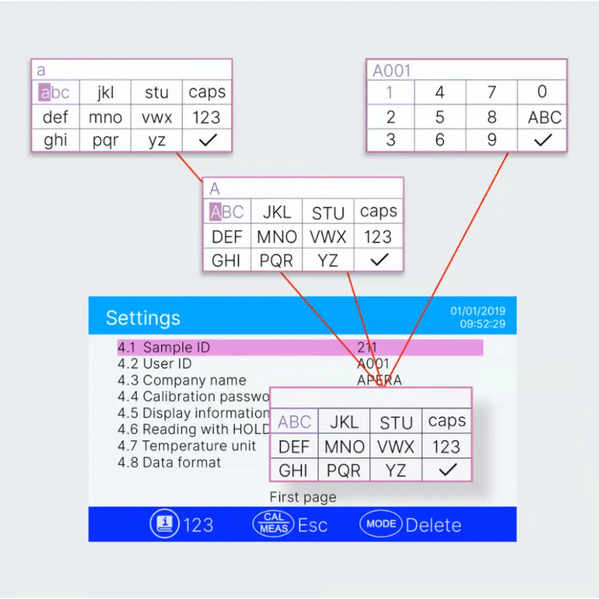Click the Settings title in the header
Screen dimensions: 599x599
143,318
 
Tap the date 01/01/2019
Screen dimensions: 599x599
477,311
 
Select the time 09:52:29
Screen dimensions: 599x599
483,323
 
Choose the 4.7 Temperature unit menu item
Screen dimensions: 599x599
187,446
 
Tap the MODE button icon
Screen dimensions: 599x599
381,524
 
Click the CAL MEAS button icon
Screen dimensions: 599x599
274,524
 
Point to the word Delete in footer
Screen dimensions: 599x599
433,525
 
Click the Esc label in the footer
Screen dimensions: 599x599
312,525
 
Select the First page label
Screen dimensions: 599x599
302,498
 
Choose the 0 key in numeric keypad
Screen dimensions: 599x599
542,92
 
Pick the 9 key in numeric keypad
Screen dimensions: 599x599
492,140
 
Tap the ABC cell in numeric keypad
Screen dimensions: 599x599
544,117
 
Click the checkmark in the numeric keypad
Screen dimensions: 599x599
543,140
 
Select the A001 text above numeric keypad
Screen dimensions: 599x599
392,71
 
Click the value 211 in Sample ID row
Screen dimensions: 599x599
367,347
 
